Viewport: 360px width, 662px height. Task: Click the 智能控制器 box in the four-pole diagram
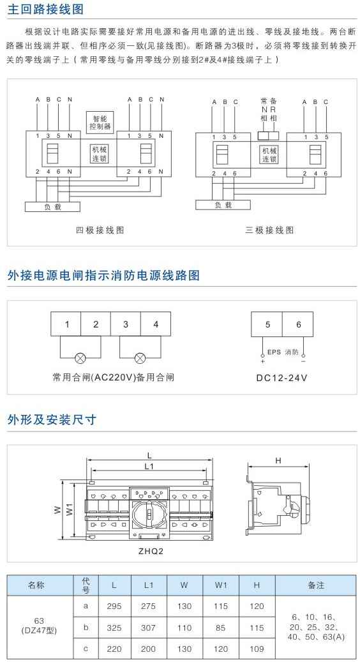click(100, 121)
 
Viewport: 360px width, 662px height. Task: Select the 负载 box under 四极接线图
click(53, 207)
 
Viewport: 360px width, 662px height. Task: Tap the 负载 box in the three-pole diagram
click(223, 205)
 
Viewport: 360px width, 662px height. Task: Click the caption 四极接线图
click(100, 230)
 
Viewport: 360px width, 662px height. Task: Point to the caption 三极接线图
click(269, 230)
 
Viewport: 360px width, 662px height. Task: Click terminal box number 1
click(66, 324)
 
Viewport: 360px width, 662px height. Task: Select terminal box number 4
click(156, 324)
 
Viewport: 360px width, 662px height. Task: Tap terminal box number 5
click(267, 324)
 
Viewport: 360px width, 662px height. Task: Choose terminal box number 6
click(298, 324)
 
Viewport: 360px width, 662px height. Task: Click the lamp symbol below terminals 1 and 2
click(80, 359)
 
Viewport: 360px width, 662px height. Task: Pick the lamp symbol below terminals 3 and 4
click(140, 359)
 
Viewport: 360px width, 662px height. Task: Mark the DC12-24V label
click(282, 378)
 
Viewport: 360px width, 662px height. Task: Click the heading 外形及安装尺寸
click(52, 419)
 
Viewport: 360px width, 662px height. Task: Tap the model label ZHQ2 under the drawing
click(151, 552)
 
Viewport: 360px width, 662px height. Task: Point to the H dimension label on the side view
click(278, 461)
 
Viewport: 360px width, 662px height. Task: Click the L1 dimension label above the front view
click(149, 466)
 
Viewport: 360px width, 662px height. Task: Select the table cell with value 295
click(114, 606)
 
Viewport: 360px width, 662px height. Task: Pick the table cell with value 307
click(148, 628)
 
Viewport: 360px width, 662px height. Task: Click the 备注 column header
click(316, 585)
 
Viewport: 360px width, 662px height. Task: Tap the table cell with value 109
click(257, 649)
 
